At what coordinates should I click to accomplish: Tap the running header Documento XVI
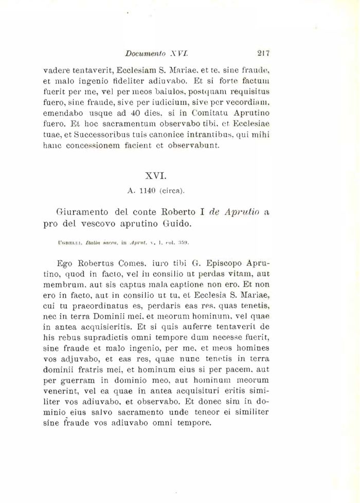coord(157,52)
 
